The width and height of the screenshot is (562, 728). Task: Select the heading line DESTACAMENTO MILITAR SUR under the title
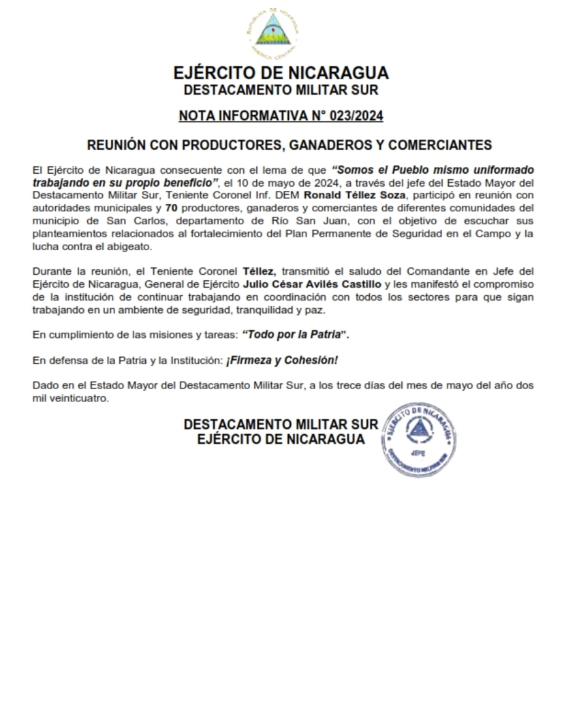(x=281, y=90)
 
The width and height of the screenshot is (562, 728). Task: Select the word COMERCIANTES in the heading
(x=443, y=145)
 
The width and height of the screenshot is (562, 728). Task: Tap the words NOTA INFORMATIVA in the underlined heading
(x=232, y=117)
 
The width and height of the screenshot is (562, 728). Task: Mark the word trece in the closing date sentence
(x=349, y=386)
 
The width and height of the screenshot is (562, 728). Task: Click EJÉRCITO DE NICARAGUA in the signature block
(x=281, y=440)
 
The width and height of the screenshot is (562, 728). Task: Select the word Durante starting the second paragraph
(x=51, y=271)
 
